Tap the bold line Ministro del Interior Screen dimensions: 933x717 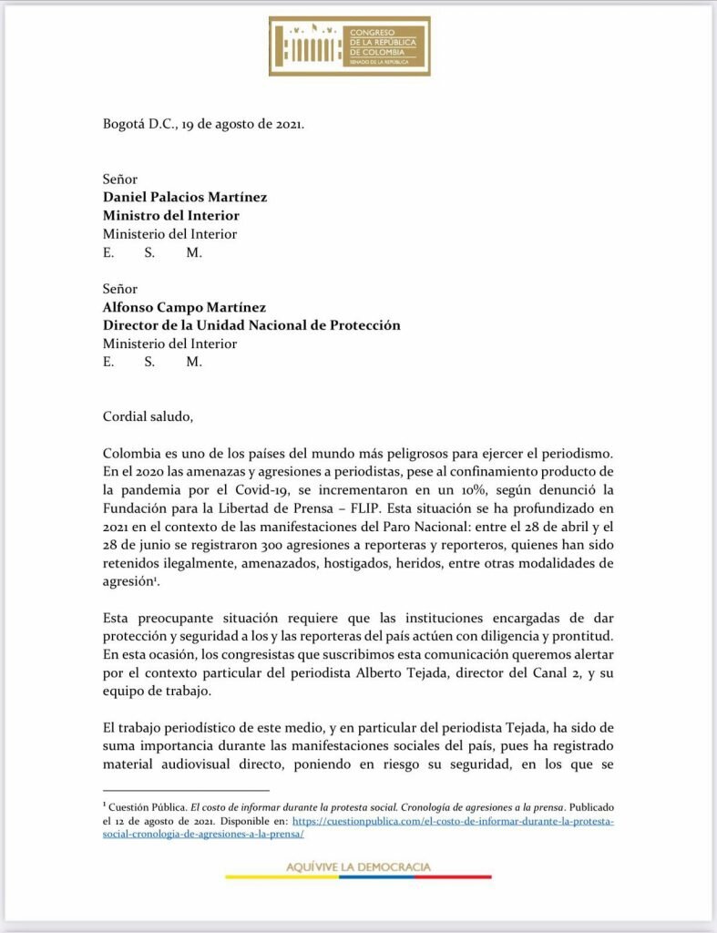[171, 216]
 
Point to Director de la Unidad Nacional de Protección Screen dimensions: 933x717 [251, 325]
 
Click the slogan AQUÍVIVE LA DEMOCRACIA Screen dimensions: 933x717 [358, 866]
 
